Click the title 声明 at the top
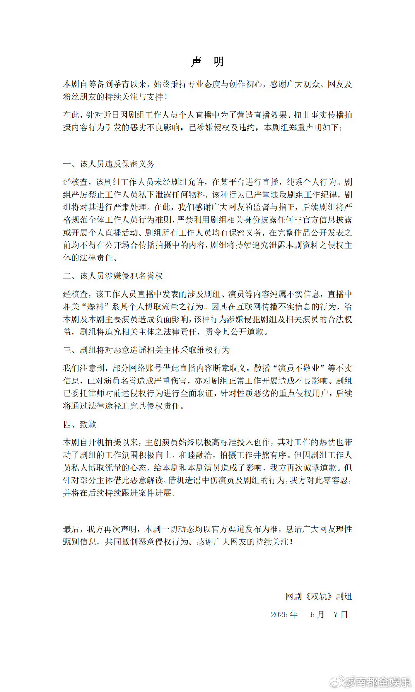tap(207, 62)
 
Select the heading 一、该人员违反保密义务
tap(109, 164)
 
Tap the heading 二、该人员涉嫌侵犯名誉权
tap(113, 276)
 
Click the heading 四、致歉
tap(80, 424)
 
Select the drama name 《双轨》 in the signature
tap(319, 596)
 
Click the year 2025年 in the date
tap(284, 614)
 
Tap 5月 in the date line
tap(317, 614)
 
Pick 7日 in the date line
tap(340, 614)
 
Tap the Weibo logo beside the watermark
tap(337, 682)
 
